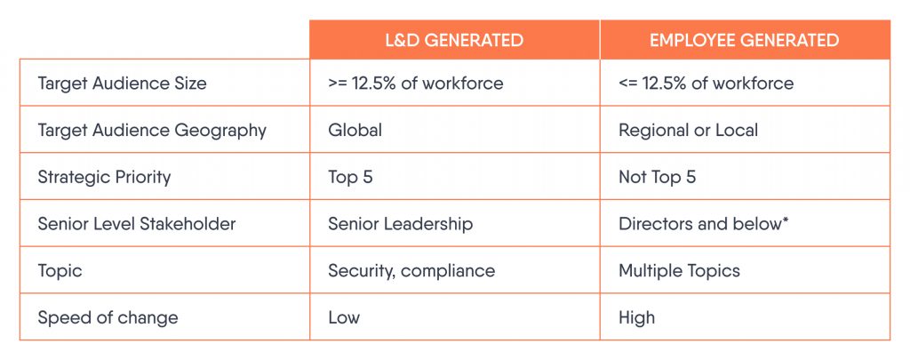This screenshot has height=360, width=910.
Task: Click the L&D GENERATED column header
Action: click(x=454, y=40)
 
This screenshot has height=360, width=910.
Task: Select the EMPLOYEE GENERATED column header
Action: click(x=744, y=40)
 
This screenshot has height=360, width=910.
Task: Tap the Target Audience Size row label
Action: click(x=122, y=84)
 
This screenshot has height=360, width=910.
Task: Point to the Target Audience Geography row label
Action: click(x=152, y=130)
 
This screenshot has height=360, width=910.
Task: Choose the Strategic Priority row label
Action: click(x=104, y=177)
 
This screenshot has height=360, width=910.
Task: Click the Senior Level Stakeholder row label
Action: click(x=137, y=224)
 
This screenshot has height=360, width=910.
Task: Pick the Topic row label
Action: click(x=59, y=270)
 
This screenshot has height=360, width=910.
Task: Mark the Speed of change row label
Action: click(x=108, y=317)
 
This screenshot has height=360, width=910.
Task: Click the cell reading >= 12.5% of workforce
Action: click(x=415, y=84)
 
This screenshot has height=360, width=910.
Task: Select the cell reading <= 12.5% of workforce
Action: click(x=706, y=84)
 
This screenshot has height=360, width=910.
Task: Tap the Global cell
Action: click(x=355, y=130)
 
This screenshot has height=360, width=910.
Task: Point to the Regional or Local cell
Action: click(x=688, y=130)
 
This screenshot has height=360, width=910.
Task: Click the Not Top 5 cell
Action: click(x=657, y=177)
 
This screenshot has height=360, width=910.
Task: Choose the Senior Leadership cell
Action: click(x=400, y=224)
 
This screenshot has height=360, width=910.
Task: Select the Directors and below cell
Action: click(x=698, y=224)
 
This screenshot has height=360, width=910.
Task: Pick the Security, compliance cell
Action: click(x=411, y=270)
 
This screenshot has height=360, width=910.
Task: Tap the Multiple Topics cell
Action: click(x=678, y=270)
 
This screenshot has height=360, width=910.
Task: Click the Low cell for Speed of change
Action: click(x=344, y=317)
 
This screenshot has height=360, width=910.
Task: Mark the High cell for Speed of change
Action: click(x=636, y=317)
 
